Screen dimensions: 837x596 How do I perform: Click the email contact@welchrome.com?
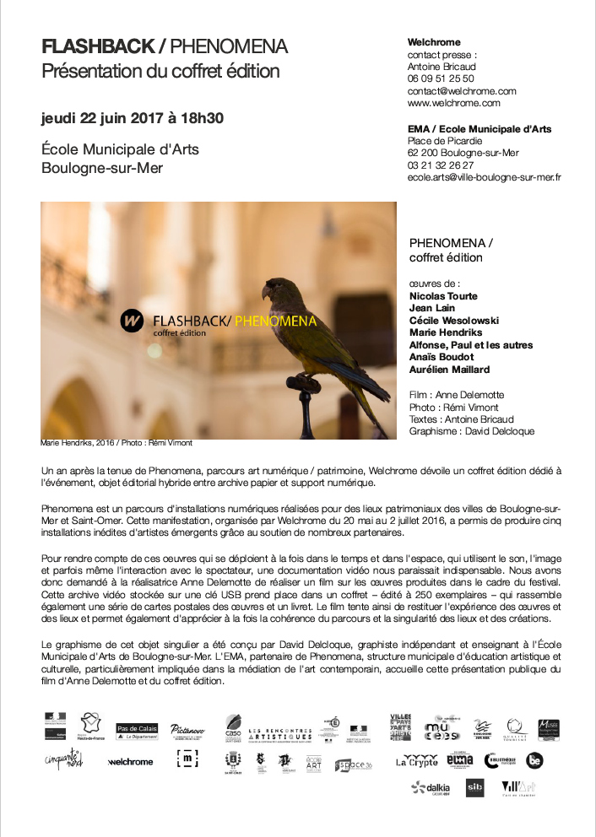[461, 91]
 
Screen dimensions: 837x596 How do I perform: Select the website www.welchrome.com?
[453, 103]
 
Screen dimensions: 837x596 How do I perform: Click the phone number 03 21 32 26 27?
[440, 165]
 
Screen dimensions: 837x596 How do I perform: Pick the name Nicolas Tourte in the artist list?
[442, 297]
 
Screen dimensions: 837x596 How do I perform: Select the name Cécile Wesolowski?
[453, 321]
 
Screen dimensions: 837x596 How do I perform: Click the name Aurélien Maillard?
[448, 370]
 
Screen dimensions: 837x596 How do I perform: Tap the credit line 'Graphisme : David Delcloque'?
[471, 431]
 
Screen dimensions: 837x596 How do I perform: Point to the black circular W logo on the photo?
[132, 321]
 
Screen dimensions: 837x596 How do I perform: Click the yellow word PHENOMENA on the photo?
[275, 321]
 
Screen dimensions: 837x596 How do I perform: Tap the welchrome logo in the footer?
[130, 762]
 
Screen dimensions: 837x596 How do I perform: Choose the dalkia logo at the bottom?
[431, 789]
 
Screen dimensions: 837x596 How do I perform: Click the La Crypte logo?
[417, 761]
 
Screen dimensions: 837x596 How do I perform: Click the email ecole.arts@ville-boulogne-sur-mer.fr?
[484, 177]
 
